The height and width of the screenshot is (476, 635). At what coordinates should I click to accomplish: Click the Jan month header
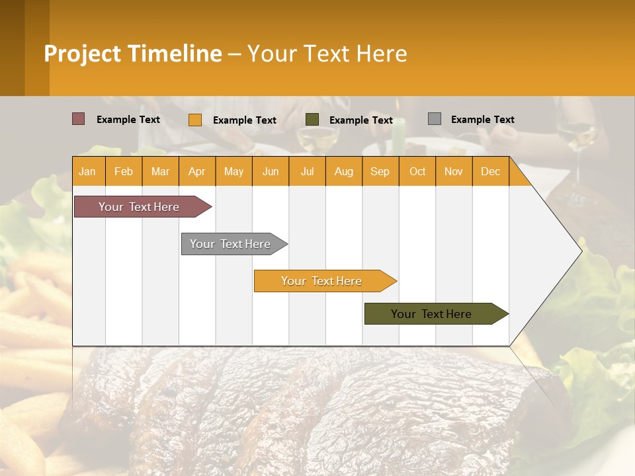tap(88, 171)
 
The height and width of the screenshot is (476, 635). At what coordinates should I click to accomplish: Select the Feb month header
tap(124, 171)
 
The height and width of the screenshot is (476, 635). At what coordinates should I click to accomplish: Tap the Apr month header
tap(197, 171)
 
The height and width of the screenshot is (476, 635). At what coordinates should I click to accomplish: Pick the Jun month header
tap(271, 171)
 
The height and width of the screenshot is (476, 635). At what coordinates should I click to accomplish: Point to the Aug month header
tap(344, 171)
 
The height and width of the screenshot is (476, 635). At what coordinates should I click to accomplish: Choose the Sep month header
tap(380, 171)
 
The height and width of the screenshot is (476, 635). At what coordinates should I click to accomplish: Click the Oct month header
tap(417, 171)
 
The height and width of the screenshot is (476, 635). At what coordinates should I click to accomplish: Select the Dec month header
tap(491, 171)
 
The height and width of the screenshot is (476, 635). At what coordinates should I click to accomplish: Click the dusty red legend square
tap(79, 119)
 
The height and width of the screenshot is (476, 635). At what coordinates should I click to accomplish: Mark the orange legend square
tap(195, 120)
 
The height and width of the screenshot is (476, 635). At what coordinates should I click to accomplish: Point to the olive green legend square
tap(312, 120)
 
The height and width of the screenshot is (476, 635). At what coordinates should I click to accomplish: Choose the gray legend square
tap(435, 119)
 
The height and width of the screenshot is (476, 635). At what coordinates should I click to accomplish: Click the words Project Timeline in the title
tap(133, 54)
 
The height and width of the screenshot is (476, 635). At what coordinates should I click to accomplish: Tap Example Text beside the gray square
tap(482, 120)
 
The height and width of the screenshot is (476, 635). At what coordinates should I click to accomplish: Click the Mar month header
tap(160, 171)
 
